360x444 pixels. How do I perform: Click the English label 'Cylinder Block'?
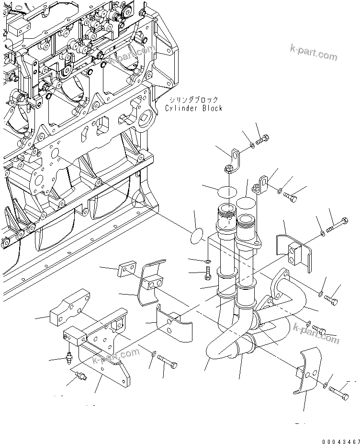[193, 108]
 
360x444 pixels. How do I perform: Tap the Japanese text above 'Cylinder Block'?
[193, 100]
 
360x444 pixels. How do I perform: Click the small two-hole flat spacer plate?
[127, 270]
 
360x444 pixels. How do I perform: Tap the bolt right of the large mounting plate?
[166, 363]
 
